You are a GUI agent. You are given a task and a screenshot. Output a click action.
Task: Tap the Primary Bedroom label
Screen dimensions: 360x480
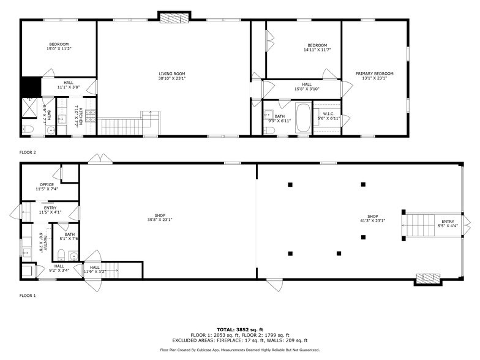tap(374, 75)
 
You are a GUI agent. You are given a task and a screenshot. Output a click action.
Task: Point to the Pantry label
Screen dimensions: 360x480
tap(41, 242)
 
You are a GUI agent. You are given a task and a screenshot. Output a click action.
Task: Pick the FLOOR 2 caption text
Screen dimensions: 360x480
tap(28, 152)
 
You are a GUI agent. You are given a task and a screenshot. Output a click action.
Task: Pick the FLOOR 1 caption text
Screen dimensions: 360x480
tap(28, 296)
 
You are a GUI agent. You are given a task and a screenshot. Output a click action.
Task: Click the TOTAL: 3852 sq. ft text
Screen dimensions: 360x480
tap(240, 329)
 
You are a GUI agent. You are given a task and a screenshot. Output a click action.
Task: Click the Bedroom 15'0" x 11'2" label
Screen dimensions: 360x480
tap(59, 46)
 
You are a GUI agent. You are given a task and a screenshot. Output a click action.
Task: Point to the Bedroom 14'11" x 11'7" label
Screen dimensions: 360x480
tap(317, 47)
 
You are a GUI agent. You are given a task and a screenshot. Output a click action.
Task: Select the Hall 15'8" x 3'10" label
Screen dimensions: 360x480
tap(306, 87)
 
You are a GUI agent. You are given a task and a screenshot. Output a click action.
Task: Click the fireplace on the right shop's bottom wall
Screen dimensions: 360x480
tap(428, 279)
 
